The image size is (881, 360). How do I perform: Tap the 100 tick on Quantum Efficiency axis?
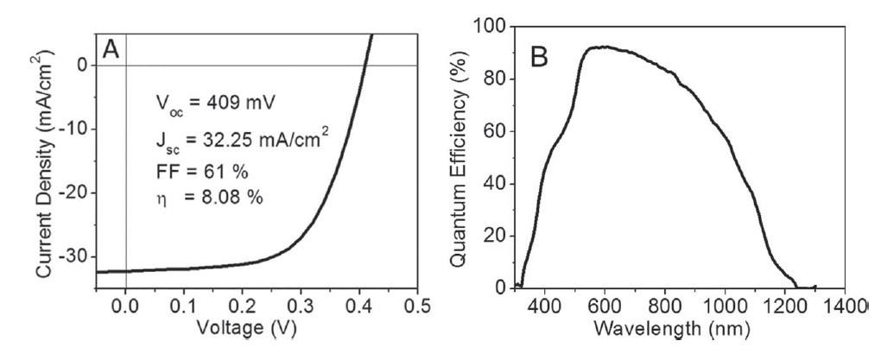(x=492, y=27)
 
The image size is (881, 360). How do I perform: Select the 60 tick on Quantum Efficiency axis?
(x=498, y=131)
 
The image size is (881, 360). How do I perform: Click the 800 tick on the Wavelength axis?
(x=665, y=305)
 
